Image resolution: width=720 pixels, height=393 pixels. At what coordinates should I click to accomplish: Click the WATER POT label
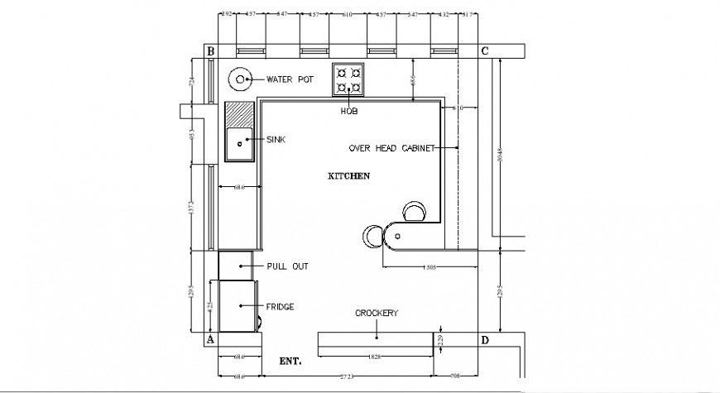pyautogui.click(x=290, y=80)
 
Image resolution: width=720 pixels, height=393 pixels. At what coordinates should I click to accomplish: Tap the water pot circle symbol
pyautogui.click(x=240, y=80)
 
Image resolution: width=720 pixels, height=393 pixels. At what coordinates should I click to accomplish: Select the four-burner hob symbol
pyautogui.click(x=348, y=79)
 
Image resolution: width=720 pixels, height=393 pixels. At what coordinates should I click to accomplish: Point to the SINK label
pyautogui.click(x=275, y=141)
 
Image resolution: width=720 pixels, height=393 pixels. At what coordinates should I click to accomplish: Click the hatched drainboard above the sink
pyautogui.click(x=239, y=115)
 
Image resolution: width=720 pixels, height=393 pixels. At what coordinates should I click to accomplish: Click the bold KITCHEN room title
pyautogui.click(x=348, y=176)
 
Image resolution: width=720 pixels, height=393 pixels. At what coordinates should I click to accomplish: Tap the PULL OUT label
pyautogui.click(x=287, y=266)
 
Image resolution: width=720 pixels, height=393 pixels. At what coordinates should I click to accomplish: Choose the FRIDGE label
pyautogui.click(x=280, y=306)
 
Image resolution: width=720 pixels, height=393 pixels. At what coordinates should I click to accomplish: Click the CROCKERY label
pyautogui.click(x=377, y=313)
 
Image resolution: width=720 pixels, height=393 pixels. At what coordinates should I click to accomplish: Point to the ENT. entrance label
pyautogui.click(x=290, y=362)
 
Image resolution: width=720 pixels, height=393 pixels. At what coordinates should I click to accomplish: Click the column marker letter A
pyautogui.click(x=210, y=340)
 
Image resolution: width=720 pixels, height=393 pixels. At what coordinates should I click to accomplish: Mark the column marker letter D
pyautogui.click(x=485, y=340)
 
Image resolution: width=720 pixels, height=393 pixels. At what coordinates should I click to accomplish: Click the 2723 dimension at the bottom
pyautogui.click(x=347, y=376)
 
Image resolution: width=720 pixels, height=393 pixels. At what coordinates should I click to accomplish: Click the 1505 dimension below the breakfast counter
pyautogui.click(x=430, y=267)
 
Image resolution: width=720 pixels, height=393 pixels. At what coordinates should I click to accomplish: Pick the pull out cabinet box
pyautogui.click(x=235, y=266)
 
